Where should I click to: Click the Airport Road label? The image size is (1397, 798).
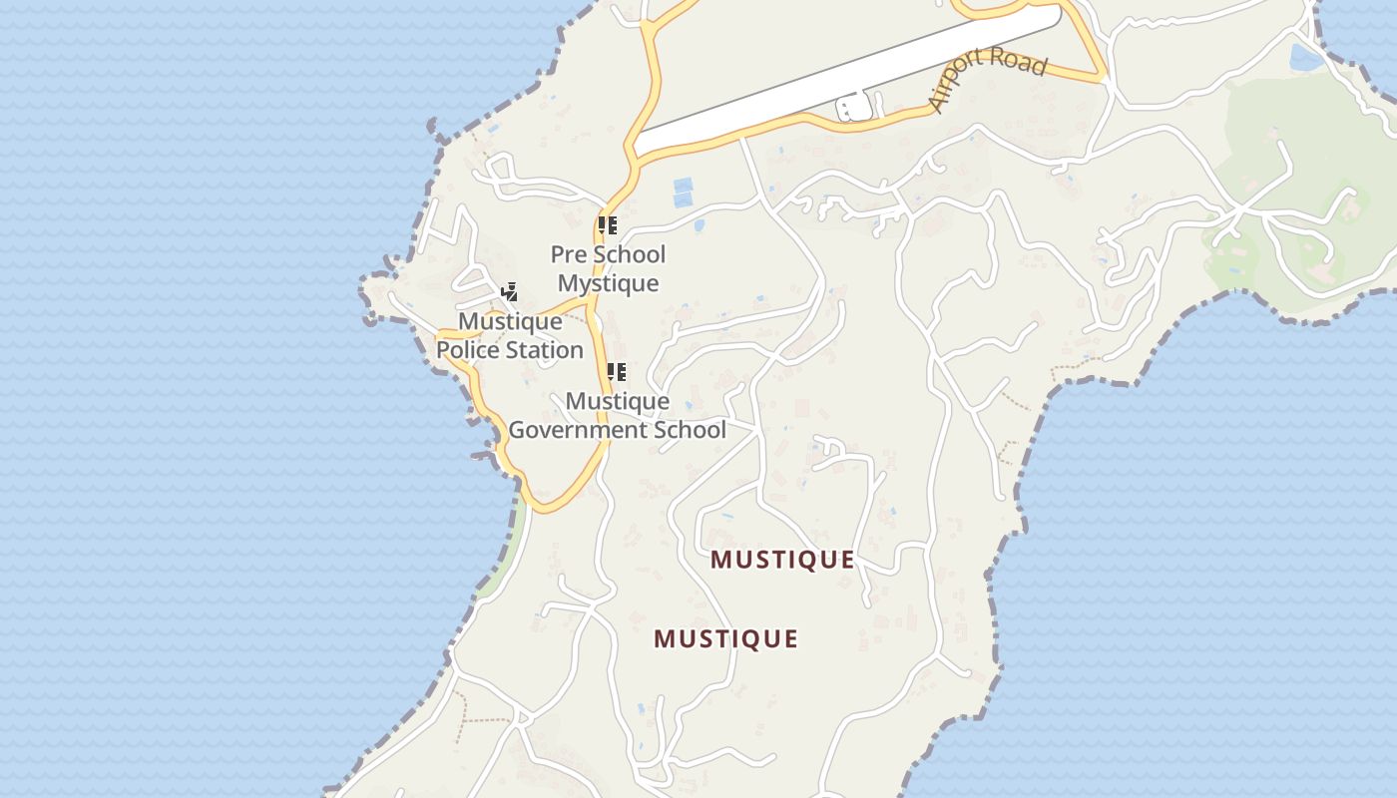[987, 76]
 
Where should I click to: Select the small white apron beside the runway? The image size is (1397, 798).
[854, 107]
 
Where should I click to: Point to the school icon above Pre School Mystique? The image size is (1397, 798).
[607, 225]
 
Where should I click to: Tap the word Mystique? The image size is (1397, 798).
[608, 283]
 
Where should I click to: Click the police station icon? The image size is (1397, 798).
[510, 292]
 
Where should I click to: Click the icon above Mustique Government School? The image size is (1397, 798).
[617, 372]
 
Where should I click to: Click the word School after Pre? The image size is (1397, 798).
[629, 254]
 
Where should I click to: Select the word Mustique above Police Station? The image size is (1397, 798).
[510, 322]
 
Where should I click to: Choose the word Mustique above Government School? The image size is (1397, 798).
[617, 401]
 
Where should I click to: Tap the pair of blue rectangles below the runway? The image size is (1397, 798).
[684, 193]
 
